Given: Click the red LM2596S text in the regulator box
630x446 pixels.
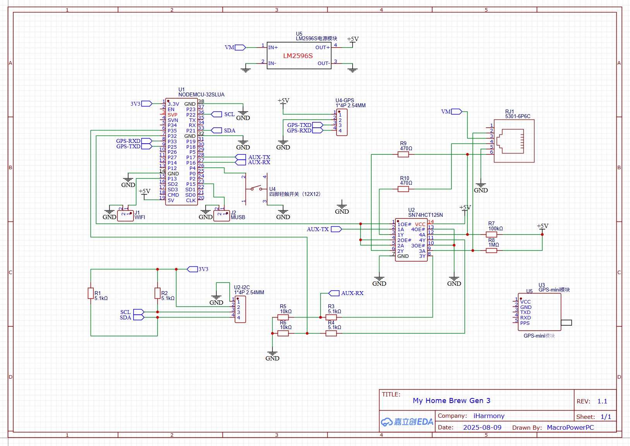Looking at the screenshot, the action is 298,56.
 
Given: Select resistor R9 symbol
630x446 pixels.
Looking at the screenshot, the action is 403,154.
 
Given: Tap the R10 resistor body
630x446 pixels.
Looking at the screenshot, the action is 403,189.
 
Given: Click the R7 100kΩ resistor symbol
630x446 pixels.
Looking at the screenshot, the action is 491,234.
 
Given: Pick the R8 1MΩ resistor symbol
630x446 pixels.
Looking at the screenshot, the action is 491,250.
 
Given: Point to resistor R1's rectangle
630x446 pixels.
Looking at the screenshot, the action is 91,293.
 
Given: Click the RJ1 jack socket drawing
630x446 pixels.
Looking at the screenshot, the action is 510,141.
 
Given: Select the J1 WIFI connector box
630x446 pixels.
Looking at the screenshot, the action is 125,216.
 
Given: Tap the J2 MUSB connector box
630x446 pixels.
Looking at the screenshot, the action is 221,216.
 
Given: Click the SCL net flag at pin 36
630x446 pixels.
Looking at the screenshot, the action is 216,114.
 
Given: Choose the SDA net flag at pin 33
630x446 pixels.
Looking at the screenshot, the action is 216,130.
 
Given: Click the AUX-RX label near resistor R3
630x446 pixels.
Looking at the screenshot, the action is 352,293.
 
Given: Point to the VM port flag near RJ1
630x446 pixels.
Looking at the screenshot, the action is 457,111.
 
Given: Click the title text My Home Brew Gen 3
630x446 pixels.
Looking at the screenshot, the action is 451,400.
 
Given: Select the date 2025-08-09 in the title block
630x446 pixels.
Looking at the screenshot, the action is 482,427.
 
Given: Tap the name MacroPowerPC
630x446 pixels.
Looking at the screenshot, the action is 570,427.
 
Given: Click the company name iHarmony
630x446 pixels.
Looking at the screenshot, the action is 489,416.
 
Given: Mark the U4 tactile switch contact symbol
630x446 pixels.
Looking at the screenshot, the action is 256,188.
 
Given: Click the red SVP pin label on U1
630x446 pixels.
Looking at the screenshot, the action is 172,115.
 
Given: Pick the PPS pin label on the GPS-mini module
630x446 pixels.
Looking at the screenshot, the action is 525,323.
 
